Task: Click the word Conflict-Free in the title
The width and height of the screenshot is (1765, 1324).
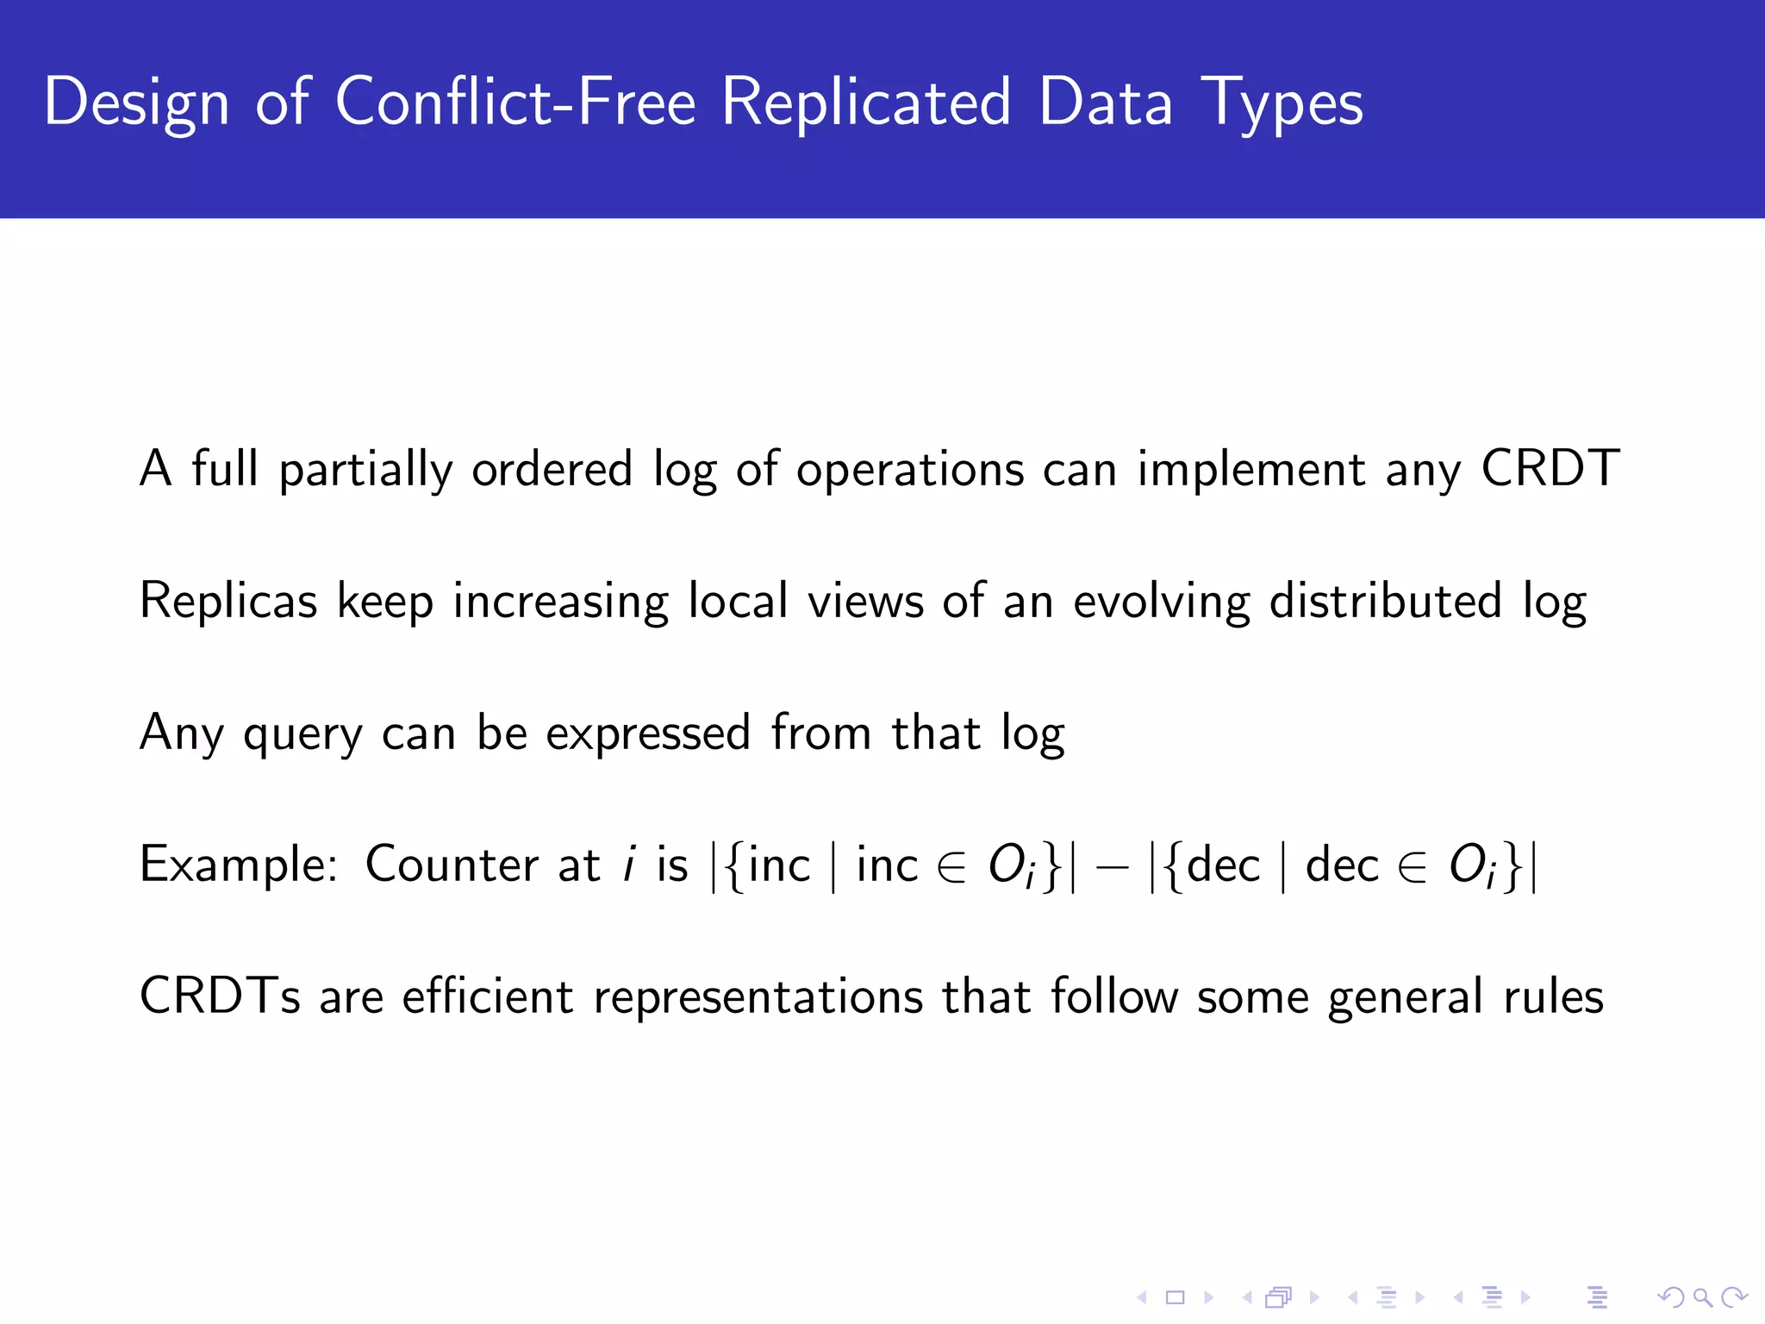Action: [x=515, y=102]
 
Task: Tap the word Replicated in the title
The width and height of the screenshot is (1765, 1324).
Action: [x=865, y=102]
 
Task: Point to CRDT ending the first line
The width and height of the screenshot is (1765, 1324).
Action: [x=1550, y=469]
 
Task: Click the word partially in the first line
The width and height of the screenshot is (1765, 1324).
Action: [x=365, y=471]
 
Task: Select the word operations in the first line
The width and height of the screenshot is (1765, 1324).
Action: [x=909, y=471]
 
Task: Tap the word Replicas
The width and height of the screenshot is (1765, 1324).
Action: [x=228, y=601]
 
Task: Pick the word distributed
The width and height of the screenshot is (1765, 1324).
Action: [x=1386, y=601]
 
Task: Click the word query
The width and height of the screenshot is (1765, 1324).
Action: [x=302, y=734]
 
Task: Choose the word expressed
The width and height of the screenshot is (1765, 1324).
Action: [x=648, y=734]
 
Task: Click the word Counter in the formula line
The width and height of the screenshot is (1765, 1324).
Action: [x=452, y=865]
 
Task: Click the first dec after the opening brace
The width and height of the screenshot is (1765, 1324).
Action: [x=1223, y=865]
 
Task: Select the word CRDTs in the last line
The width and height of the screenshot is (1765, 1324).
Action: [x=220, y=996]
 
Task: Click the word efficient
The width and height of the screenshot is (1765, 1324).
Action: [x=487, y=996]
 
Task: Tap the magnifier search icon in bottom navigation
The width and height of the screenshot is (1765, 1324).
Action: [x=1701, y=1296]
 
